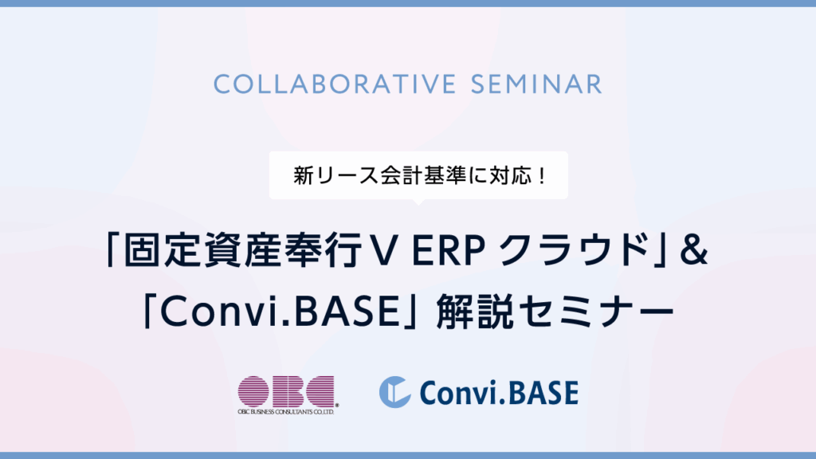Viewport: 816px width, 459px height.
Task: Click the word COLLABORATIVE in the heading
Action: [335, 84]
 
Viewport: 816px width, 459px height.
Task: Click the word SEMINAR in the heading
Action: [536, 84]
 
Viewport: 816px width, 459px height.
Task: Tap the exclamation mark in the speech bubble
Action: [542, 176]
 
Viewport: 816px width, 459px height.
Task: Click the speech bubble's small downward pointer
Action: [418, 202]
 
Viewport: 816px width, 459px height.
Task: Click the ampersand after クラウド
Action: [693, 251]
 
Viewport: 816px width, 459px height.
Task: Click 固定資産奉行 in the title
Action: [244, 251]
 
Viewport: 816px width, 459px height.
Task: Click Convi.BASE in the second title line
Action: [280, 312]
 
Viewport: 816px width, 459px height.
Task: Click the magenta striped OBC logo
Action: [286, 391]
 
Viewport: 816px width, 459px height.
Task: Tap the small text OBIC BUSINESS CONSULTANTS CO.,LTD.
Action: [286, 412]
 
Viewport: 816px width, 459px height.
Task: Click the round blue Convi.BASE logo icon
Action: [395, 392]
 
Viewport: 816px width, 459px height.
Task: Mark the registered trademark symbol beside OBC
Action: [337, 405]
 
